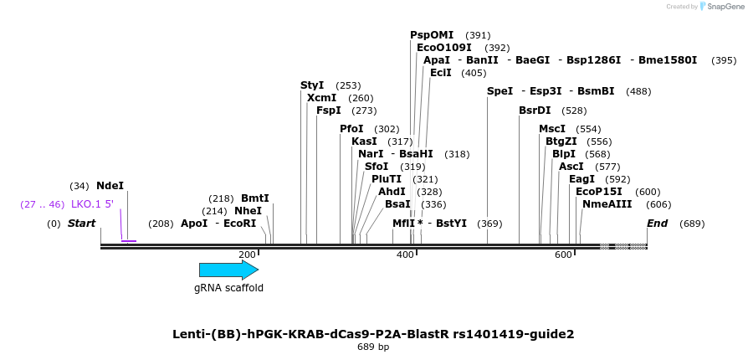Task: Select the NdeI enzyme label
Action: [110, 186]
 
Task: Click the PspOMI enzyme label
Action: [432, 35]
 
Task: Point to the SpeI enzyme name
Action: [500, 91]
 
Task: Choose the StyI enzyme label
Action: [312, 85]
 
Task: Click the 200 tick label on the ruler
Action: [247, 255]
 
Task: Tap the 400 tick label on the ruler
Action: [405, 255]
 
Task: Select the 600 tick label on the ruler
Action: [562, 255]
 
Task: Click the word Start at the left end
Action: [81, 224]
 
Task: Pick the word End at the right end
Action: [657, 224]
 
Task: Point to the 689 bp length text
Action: [373, 347]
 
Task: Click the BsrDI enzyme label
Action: [535, 111]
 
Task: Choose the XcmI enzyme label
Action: [321, 98]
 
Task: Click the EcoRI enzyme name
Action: [239, 224]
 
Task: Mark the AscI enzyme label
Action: [571, 167]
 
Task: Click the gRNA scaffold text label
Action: [228, 288]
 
